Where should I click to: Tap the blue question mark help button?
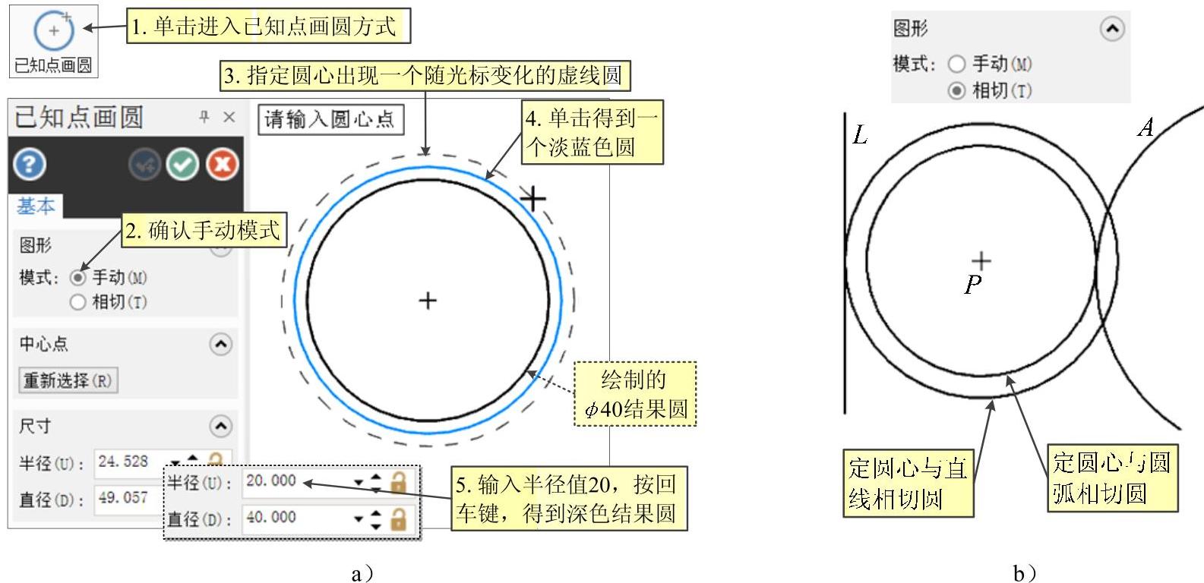click(30, 164)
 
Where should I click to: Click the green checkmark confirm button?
click(183, 164)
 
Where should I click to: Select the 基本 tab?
click(35, 206)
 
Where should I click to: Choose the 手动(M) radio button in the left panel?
click(77, 278)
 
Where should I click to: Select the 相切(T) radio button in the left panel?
click(77, 302)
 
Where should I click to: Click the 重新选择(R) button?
click(68, 380)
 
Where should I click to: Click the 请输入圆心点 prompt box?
click(330, 120)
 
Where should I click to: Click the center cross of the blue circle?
click(428, 301)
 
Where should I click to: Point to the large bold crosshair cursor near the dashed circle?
click(533, 199)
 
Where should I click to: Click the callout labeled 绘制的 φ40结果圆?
click(634, 394)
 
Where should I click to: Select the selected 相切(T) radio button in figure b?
click(957, 91)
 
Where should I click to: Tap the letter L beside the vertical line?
click(860, 136)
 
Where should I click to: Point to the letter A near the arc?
click(1146, 128)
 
